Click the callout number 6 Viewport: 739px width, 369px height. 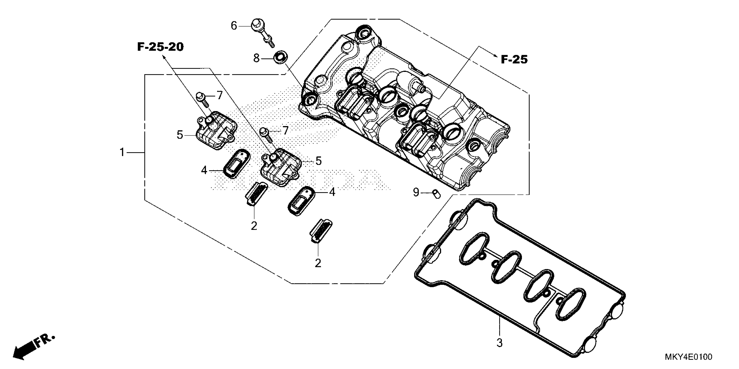click(x=234, y=26)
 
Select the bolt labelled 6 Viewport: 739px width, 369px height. click(x=262, y=33)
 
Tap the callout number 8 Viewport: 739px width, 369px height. click(x=256, y=58)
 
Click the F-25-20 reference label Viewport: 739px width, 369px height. click(x=160, y=47)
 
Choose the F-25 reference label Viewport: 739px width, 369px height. click(x=514, y=60)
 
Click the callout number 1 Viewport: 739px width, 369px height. click(x=122, y=152)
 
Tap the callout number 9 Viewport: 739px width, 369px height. click(x=416, y=193)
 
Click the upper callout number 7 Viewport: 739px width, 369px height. click(x=220, y=96)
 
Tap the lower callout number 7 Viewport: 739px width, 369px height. click(x=285, y=131)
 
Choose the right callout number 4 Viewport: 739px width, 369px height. click(x=332, y=192)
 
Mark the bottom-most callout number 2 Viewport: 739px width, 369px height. click(x=318, y=263)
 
